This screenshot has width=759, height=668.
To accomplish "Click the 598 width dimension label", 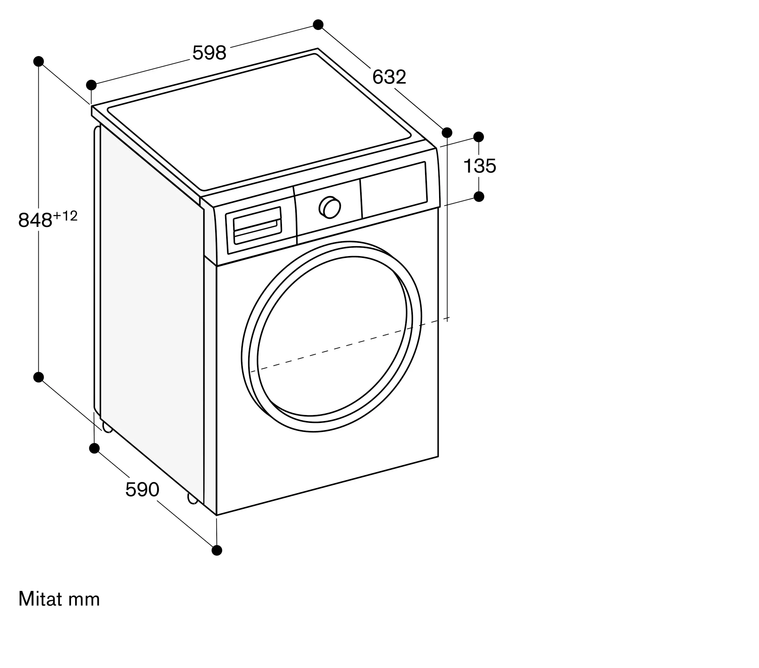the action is coord(209,53).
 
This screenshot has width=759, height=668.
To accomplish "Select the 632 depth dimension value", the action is coord(389,77).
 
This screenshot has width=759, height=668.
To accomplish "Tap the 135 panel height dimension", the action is coord(480,166).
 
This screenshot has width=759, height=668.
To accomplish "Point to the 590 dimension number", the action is coord(142,489).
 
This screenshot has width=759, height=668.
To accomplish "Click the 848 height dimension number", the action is coord(35,220).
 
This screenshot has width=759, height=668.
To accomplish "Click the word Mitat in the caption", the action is coord(40,599).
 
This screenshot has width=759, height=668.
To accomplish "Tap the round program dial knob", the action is coord(330,207).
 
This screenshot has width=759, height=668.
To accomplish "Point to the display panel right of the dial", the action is coord(394,189).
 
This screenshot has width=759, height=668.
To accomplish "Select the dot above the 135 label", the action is coord(479,137).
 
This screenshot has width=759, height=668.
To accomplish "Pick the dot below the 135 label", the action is coord(479,196).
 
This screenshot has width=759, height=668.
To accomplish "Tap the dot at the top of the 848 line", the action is coord(39,61).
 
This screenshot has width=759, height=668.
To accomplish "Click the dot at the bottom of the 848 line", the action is coord(38,377).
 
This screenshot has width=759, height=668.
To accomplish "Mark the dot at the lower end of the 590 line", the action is coord(217,550).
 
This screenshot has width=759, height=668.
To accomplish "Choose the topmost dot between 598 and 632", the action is coord(318,25).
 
